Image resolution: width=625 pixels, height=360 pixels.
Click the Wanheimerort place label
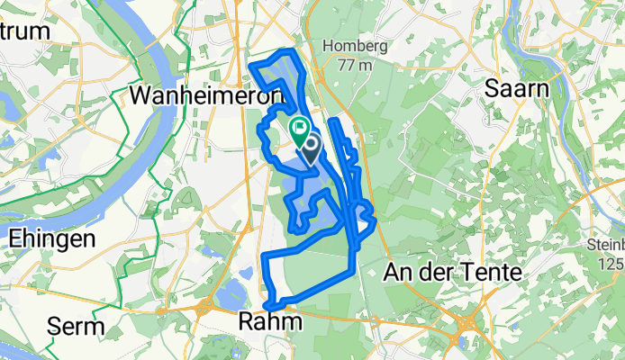pos(206,94)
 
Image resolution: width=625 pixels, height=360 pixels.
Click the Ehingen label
pos(52,239)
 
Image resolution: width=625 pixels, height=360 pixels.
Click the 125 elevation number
pos(611,262)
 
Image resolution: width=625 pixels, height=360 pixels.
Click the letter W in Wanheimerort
pos(142,94)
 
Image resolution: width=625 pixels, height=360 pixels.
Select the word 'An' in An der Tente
pos(397,271)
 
